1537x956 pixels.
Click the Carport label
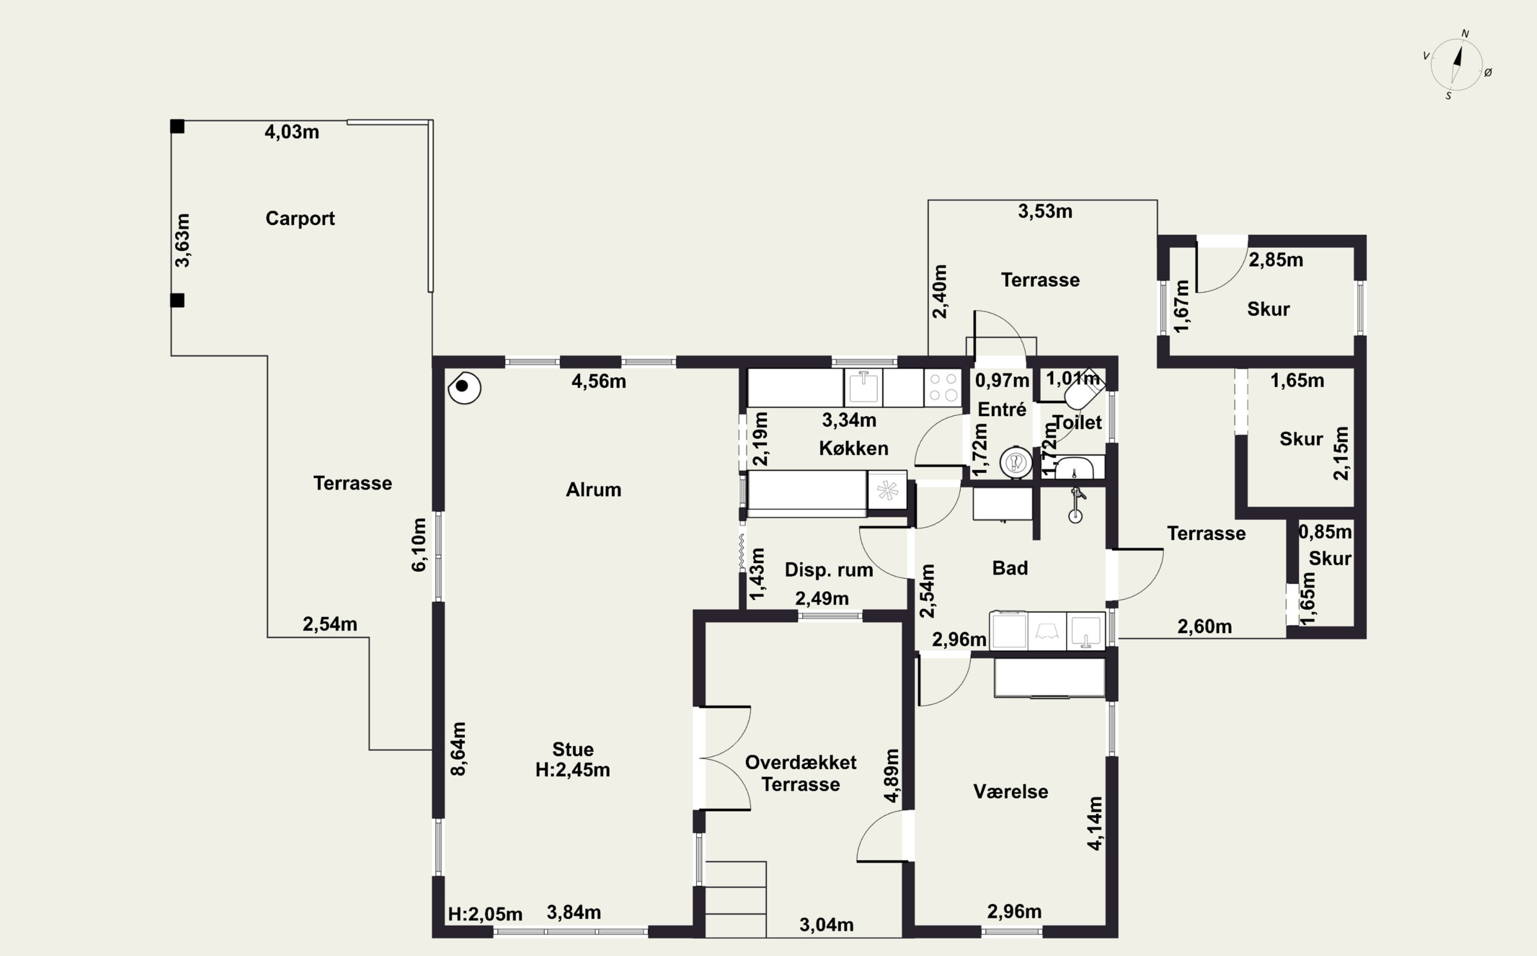[x=300, y=219]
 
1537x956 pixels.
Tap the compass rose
[x=1456, y=65]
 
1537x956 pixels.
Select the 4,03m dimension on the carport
[x=292, y=132]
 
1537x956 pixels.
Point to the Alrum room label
[x=593, y=490]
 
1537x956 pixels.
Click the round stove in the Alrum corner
[x=464, y=387]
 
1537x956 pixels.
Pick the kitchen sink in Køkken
[x=863, y=388]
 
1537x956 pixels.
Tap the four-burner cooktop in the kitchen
[x=943, y=388]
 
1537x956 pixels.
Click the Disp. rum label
[x=828, y=570]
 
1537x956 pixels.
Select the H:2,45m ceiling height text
[x=572, y=770]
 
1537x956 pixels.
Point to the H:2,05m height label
[x=485, y=915]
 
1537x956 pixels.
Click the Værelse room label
[x=1010, y=792]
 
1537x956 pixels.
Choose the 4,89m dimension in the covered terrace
[x=892, y=776]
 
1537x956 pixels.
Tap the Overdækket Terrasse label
[x=801, y=773]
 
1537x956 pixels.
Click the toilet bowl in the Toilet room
[x=1083, y=392]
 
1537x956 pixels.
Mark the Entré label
[x=1002, y=410]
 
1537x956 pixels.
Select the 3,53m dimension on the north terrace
[x=1045, y=211]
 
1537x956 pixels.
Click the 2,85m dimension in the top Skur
[x=1276, y=260]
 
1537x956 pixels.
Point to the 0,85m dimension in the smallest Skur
[x=1325, y=532]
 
